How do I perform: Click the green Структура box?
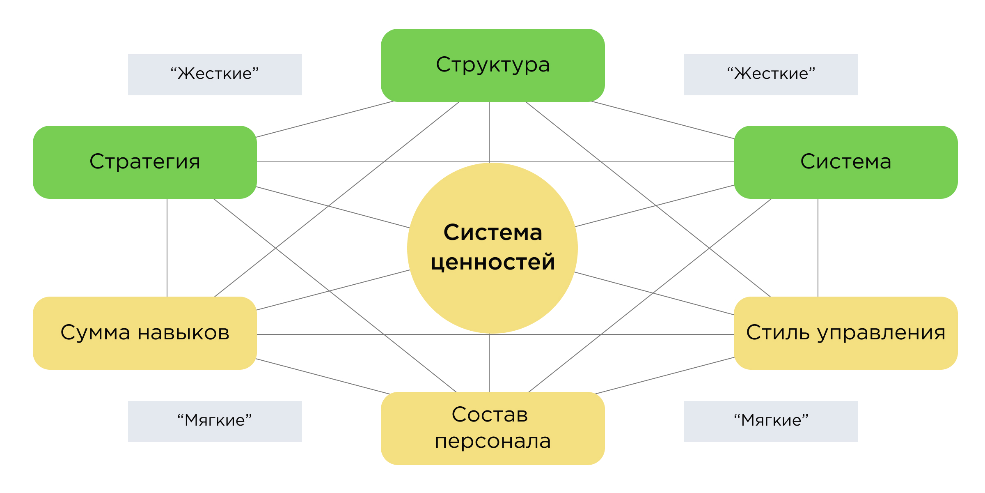492,65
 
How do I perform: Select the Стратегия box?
144,162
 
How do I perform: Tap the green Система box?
845,162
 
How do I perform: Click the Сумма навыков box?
144,333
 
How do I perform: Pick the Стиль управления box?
845,333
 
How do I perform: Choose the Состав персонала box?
492,428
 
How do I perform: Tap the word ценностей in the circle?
492,262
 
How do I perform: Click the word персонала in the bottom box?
492,442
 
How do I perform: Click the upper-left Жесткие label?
215,74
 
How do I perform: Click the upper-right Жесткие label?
770,74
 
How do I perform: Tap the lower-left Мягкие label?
215,421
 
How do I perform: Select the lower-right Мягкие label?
770,421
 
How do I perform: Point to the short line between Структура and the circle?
489,131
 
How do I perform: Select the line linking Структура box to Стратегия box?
324,119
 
